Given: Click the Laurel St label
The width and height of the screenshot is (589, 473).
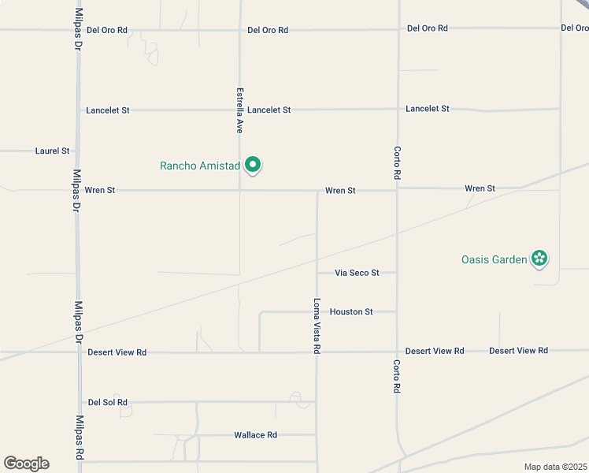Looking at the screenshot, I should click(x=53, y=151).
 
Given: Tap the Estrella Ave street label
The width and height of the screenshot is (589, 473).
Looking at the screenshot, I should click(x=240, y=110).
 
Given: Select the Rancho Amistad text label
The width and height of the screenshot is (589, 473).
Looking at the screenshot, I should click(x=199, y=166).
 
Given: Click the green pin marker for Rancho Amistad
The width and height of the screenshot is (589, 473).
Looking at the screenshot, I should click(x=253, y=165).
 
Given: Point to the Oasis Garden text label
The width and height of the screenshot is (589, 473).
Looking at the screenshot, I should click(x=494, y=259).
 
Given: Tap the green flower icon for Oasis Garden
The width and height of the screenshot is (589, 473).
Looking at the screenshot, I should click(x=539, y=258).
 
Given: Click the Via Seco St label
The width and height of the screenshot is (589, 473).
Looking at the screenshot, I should click(x=357, y=273).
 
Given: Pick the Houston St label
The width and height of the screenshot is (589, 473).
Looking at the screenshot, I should click(x=351, y=312).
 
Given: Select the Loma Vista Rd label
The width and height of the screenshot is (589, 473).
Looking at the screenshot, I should click(x=317, y=325).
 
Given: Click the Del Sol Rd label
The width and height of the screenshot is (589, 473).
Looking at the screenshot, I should click(x=108, y=402).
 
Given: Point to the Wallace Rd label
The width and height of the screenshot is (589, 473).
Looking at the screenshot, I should click(x=256, y=435).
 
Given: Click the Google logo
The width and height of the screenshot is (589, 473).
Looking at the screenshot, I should click(x=26, y=464).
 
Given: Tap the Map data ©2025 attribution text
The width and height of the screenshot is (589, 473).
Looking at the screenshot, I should click(x=555, y=467).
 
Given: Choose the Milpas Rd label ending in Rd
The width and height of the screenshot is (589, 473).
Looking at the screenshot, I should click(x=79, y=439).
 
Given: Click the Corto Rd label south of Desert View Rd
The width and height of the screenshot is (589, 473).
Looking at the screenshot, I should click(x=398, y=376).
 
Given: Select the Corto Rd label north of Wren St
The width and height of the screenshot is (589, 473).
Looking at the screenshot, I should click(x=398, y=162).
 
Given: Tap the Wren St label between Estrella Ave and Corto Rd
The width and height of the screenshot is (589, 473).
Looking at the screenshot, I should click(x=341, y=191).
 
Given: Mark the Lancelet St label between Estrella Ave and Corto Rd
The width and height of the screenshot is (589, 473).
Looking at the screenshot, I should click(x=269, y=110).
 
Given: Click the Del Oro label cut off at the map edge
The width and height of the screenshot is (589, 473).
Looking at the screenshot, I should click(x=575, y=28).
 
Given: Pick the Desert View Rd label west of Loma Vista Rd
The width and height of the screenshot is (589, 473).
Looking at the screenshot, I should click(x=117, y=352).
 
